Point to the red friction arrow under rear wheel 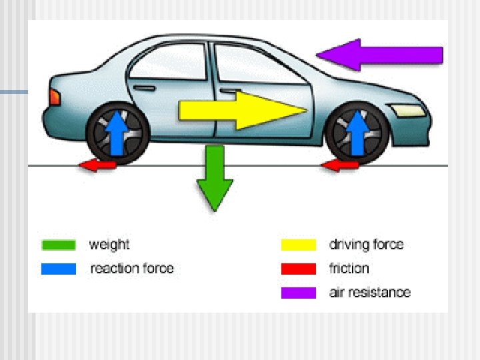click(x=97, y=165)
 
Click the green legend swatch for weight click(x=58, y=245)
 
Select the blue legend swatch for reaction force click(x=58, y=269)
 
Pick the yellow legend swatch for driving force click(x=298, y=245)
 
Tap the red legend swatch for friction click(x=298, y=269)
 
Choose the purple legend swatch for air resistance click(x=298, y=292)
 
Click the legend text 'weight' click(x=109, y=245)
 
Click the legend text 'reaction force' click(x=132, y=269)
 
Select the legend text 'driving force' click(x=366, y=245)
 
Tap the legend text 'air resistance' click(x=369, y=292)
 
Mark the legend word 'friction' click(x=349, y=269)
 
